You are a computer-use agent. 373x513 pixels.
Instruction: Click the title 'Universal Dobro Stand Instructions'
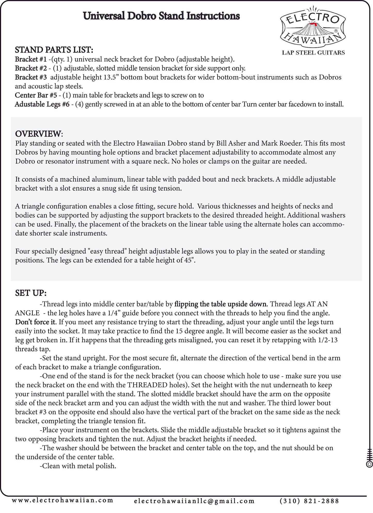161,16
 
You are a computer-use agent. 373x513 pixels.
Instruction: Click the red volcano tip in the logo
313,24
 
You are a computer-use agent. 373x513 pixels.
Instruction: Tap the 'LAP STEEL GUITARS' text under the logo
313,53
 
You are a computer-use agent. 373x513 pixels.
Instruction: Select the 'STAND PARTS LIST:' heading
54,50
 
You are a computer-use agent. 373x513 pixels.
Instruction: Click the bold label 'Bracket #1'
30,59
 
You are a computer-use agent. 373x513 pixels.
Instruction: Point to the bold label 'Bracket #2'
30,68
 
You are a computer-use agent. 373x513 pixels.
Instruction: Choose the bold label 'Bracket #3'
30,77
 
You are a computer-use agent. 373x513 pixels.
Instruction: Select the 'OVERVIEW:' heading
39,134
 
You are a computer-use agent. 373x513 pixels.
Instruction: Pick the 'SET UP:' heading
31,293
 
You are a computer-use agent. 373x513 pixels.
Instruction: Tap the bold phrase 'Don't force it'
36,322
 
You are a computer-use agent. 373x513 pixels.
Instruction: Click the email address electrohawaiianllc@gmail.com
194,501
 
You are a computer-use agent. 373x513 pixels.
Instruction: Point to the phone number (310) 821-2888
309,501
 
